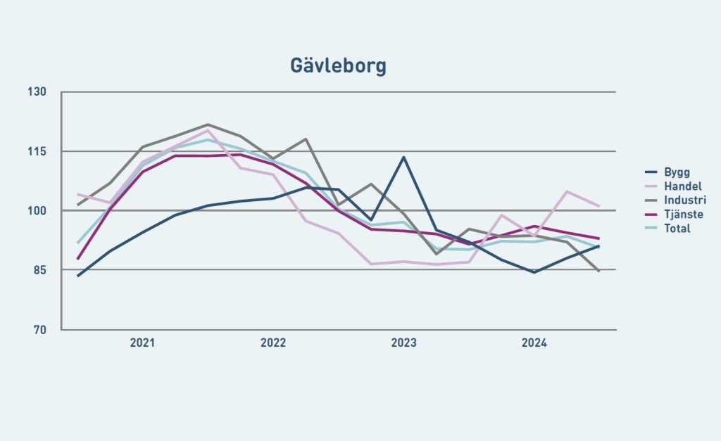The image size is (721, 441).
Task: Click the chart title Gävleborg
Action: [x=338, y=66]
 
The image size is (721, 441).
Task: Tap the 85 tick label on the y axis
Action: [x=40, y=270]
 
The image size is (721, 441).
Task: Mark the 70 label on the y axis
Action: [x=40, y=330]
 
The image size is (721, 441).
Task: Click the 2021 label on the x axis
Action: [x=142, y=343]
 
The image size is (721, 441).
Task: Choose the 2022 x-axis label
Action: [x=273, y=343]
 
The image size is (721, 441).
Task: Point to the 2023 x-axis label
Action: [x=403, y=343]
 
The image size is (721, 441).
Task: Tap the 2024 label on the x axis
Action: [x=534, y=343]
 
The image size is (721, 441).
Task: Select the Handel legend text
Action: [x=678, y=186]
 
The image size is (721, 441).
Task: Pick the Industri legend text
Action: [x=681, y=200]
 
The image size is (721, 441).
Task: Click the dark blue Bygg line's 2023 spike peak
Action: [x=403, y=157]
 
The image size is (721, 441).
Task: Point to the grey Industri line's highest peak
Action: [x=208, y=124]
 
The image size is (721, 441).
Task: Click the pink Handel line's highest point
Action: [x=208, y=130]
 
